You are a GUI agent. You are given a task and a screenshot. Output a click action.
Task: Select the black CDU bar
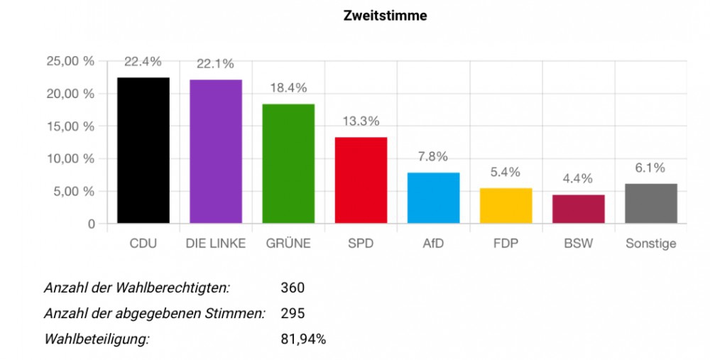click(x=143, y=151)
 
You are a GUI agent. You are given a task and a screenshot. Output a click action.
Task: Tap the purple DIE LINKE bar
click(x=216, y=151)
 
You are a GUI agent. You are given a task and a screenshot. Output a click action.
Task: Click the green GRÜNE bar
click(x=288, y=163)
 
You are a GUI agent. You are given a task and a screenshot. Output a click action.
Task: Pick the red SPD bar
click(x=361, y=180)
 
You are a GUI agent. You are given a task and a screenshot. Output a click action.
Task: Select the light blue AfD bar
click(x=433, y=198)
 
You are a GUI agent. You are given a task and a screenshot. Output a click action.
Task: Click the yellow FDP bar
click(x=506, y=206)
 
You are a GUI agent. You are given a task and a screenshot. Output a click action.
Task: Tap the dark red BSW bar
click(x=578, y=209)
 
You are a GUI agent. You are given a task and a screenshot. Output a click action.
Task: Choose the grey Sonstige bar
click(x=651, y=204)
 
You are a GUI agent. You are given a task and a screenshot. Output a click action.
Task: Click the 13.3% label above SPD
click(x=361, y=121)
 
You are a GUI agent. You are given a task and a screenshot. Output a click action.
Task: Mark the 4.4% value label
click(x=578, y=179)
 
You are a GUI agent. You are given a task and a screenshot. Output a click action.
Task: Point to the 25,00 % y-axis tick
click(x=70, y=61)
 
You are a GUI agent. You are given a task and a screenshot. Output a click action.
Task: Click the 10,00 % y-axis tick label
click(x=70, y=158)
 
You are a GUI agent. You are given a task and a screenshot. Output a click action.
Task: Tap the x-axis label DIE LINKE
click(x=216, y=244)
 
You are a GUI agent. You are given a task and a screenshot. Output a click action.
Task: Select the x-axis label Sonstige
click(x=651, y=244)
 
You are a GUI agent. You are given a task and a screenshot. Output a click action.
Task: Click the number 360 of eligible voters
click(x=293, y=288)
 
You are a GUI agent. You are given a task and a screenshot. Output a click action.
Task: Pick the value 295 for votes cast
click(x=293, y=313)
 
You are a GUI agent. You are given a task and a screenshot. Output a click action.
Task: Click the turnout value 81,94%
click(x=303, y=339)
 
